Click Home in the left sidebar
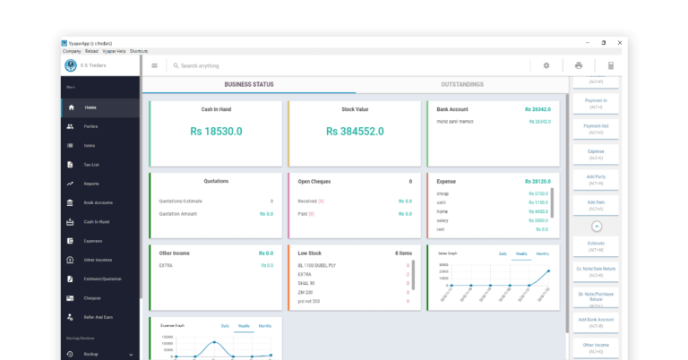coord(90,107)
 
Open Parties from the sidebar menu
coord(91,126)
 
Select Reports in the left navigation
coord(91,184)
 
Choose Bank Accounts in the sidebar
coord(98,202)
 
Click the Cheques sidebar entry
coord(92,298)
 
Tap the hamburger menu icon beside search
coord(154,65)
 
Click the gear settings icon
coord(546,65)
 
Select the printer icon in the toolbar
coord(579,65)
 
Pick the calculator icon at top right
coord(611,65)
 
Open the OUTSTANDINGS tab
coord(462,84)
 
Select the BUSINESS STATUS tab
coord(249,84)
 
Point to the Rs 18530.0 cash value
coord(216,131)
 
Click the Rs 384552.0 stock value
coord(355,131)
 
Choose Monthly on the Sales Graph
coord(543,254)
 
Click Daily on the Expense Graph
coord(226,326)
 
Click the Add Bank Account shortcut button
coord(597,321)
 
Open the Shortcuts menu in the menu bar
coord(139,51)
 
